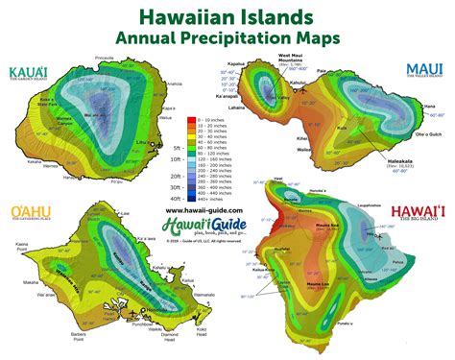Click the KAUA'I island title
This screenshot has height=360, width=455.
click(29, 72)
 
